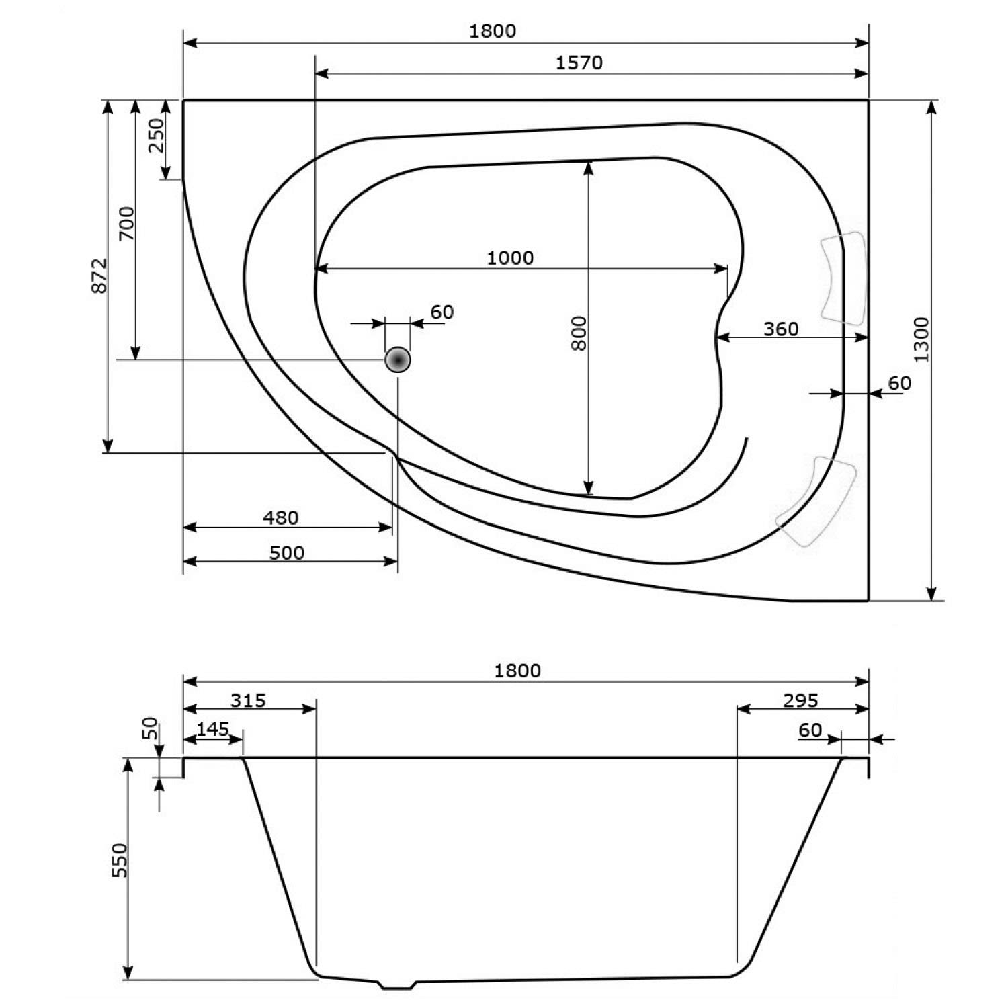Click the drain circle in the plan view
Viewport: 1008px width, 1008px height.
pyautogui.click(x=398, y=360)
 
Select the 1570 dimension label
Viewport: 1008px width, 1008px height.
pyautogui.click(x=579, y=62)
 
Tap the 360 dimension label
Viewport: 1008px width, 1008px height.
pyautogui.click(x=781, y=329)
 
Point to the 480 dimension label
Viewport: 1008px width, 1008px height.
pyautogui.click(x=280, y=517)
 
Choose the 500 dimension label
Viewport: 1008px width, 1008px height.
pyautogui.click(x=286, y=552)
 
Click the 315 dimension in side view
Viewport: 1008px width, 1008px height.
pyautogui.click(x=248, y=700)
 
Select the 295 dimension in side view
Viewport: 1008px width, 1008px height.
pyautogui.click(x=800, y=700)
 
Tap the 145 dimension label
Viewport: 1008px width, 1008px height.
pyautogui.click(x=213, y=729)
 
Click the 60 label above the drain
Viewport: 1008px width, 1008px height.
pyautogui.click(x=442, y=312)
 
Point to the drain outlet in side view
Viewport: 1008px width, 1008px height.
pyautogui.click(x=398, y=985)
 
